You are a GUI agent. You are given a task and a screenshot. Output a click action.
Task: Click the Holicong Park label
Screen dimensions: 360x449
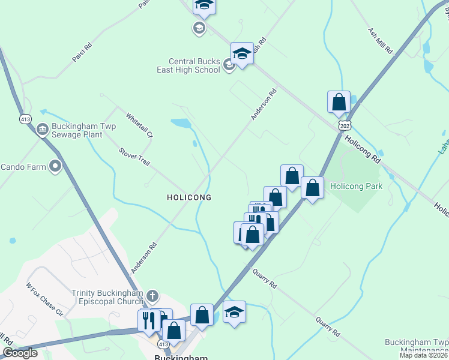tap(356, 186)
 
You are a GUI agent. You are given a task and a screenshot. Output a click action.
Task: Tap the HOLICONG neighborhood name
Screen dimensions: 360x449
tap(188, 197)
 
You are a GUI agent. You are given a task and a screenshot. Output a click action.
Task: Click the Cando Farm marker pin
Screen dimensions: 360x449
tap(56, 166)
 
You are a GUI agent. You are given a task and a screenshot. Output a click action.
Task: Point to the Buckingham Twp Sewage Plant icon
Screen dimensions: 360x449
tap(43, 128)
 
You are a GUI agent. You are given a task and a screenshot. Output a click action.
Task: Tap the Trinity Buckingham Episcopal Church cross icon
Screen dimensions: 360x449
tap(152, 296)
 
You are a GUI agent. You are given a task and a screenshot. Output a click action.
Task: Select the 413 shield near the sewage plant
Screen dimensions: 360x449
tap(25, 118)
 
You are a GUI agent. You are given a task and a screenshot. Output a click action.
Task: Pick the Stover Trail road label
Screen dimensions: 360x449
tap(134, 158)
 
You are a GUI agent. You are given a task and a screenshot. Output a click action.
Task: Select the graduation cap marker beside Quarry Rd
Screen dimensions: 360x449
tap(234, 312)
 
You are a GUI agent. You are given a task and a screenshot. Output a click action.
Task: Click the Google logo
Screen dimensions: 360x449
tap(20, 353)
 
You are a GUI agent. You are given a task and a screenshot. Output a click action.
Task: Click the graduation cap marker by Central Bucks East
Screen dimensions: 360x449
tap(242, 53)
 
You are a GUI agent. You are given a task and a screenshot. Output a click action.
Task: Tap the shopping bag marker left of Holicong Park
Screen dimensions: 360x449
tap(312, 187)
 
